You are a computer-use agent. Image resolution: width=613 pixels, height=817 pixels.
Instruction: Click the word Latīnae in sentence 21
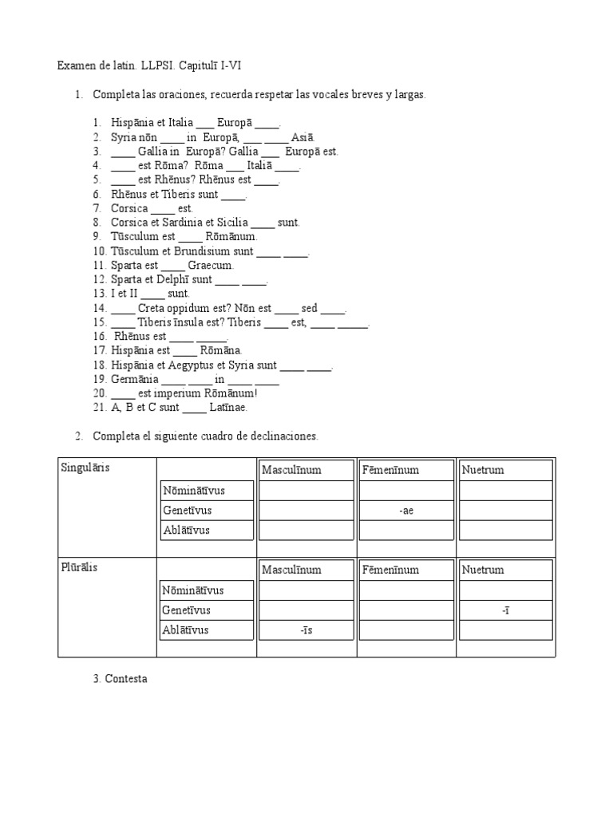tap(228, 408)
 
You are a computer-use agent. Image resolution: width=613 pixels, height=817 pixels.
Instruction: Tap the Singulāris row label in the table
tap(85, 468)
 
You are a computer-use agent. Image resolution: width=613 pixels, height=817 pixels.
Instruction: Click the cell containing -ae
tap(406, 511)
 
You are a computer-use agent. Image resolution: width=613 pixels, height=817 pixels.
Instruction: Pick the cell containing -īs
tap(306, 630)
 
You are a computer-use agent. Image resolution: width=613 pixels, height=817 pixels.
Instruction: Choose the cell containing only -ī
tap(506, 610)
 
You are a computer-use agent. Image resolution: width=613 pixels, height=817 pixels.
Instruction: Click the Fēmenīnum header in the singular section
tap(390, 470)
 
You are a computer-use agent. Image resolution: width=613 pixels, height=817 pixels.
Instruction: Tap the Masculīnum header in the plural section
tap(291, 570)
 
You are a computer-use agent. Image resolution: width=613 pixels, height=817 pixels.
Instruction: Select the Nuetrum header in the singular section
tap(483, 470)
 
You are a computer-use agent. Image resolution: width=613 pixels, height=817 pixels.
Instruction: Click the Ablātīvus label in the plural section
tap(186, 630)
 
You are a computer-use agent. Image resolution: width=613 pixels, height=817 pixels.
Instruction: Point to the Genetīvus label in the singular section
tap(187, 511)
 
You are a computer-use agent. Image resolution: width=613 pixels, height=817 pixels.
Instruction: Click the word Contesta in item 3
tap(126, 679)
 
